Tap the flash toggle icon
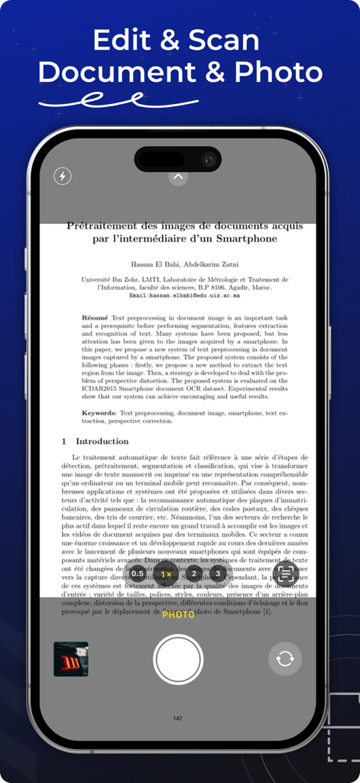click(62, 177)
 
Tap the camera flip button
click(285, 658)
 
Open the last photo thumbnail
click(71, 658)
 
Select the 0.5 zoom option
click(138, 573)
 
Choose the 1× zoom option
click(166, 573)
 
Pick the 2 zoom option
click(194, 573)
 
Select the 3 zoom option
click(218, 573)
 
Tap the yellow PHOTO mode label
click(178, 615)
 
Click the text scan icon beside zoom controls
click(285, 573)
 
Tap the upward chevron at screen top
click(178, 177)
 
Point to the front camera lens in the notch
click(207, 159)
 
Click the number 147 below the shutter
click(178, 719)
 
